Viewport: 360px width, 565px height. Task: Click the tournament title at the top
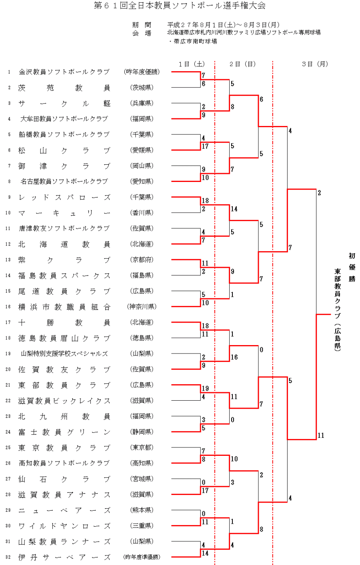(x=180, y=6)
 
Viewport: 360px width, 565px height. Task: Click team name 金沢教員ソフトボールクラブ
(x=64, y=72)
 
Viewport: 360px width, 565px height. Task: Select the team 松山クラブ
(x=64, y=150)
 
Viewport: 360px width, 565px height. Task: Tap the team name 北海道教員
(x=64, y=244)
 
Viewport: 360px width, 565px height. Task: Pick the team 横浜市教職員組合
(x=64, y=307)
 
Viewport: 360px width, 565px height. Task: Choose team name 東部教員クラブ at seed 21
(x=64, y=385)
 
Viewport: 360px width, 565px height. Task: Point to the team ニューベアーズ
(x=64, y=511)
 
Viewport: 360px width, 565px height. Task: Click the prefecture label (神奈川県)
(x=142, y=307)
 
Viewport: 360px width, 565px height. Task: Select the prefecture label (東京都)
(x=142, y=447)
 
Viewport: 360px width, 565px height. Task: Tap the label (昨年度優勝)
(x=142, y=72)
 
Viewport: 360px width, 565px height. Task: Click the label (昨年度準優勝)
(x=142, y=557)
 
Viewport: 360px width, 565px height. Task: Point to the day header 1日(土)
(x=192, y=64)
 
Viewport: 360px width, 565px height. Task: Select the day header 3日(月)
(x=315, y=64)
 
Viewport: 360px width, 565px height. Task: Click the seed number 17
(x=8, y=322)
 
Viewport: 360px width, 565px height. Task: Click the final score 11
(x=321, y=435)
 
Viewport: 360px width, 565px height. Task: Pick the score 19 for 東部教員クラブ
(x=205, y=388)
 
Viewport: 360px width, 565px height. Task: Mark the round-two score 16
(x=234, y=357)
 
